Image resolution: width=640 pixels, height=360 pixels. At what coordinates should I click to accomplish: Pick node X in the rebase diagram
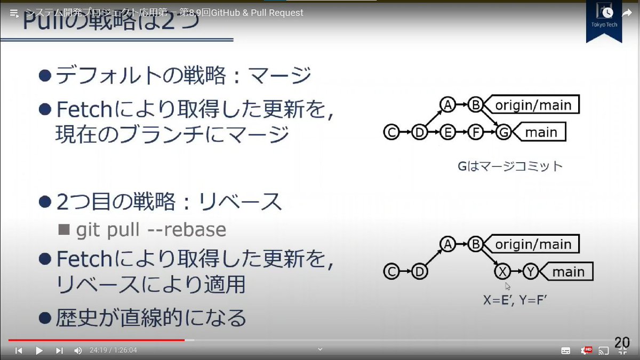(502, 272)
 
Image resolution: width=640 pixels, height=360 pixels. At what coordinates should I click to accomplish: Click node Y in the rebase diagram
(530, 272)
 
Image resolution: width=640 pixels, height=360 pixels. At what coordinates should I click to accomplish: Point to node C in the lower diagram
(391, 272)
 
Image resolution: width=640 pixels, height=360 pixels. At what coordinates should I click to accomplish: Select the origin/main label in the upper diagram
(533, 105)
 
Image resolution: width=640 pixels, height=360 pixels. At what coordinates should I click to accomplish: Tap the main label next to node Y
(568, 272)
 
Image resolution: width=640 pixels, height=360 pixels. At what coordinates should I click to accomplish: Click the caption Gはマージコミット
(510, 166)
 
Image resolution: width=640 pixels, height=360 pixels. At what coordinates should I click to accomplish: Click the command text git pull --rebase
(151, 230)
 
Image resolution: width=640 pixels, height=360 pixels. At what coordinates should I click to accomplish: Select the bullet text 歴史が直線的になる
(151, 318)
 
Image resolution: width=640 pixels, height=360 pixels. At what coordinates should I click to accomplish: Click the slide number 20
(622, 342)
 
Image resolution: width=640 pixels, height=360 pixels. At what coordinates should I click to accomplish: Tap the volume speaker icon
(78, 350)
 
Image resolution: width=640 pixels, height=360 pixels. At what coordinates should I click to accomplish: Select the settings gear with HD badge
(586, 350)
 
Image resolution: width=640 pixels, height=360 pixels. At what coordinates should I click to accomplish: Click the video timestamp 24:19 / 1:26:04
(113, 350)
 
